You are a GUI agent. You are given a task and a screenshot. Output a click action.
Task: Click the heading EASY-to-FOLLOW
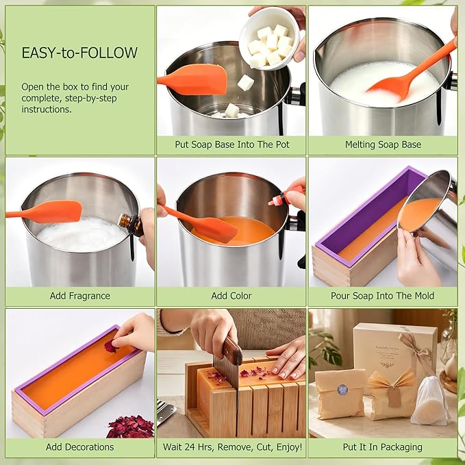[79, 53]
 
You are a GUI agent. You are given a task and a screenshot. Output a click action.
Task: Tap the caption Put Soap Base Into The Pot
[232, 144]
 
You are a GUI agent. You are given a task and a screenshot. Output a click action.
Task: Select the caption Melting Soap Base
[383, 144]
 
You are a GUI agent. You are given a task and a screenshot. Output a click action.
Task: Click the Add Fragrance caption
[79, 296]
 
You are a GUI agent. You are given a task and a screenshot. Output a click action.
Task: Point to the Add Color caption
[231, 296]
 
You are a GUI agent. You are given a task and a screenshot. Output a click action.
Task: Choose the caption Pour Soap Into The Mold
[383, 296]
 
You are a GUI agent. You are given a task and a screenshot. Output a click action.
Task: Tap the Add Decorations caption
[79, 447]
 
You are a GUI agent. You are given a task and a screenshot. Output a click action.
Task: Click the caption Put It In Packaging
[383, 447]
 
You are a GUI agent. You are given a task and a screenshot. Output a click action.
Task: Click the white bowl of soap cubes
[270, 38]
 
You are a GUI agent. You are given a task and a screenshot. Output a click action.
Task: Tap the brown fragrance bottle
[131, 224]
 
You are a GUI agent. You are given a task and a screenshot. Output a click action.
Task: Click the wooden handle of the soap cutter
[232, 351]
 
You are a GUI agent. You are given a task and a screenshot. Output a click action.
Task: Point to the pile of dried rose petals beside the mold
[131, 427]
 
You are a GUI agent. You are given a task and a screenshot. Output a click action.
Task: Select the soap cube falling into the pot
[246, 83]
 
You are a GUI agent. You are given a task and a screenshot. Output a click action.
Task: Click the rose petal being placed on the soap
[111, 347]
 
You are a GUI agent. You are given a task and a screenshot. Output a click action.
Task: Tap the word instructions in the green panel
[47, 109]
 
